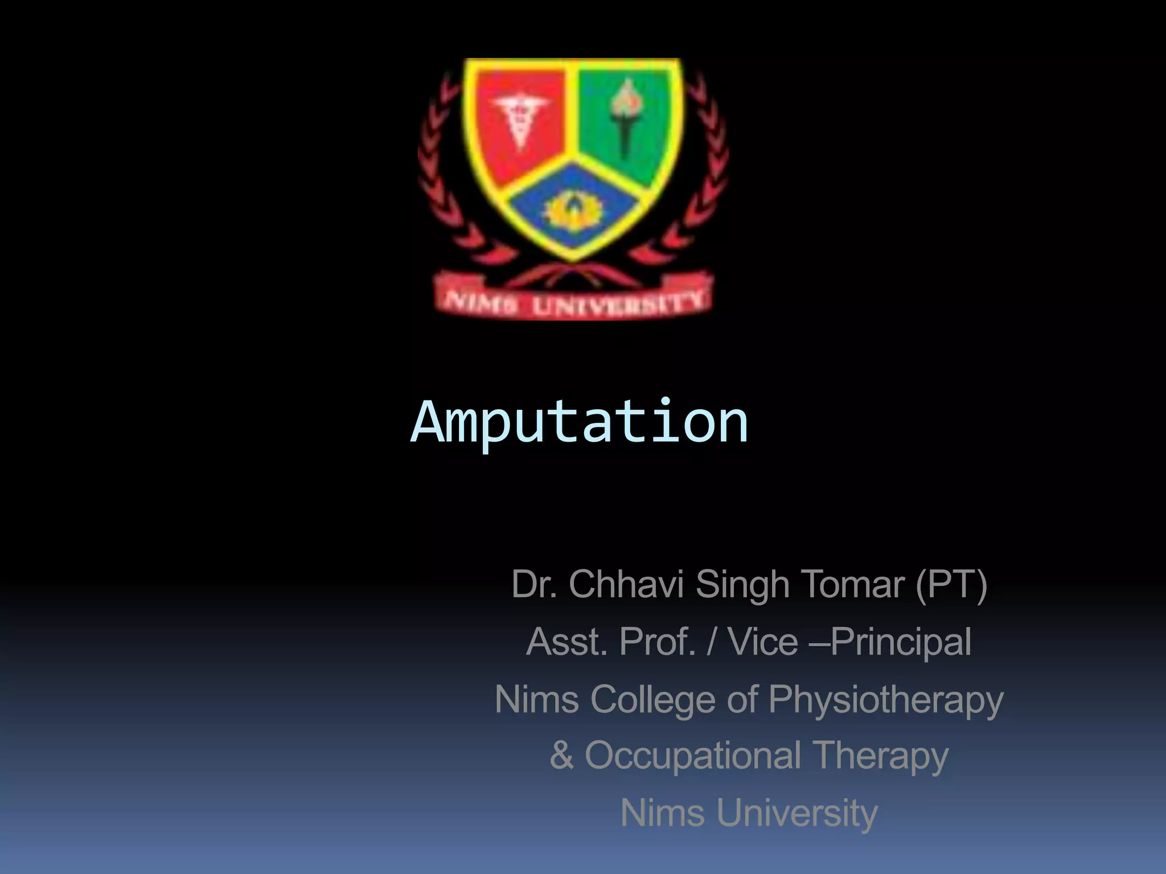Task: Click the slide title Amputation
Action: point(579,422)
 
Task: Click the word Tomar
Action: point(853,584)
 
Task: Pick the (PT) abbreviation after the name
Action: point(951,584)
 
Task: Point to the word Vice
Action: point(763,642)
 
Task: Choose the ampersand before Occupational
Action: point(561,756)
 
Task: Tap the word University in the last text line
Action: point(797,813)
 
